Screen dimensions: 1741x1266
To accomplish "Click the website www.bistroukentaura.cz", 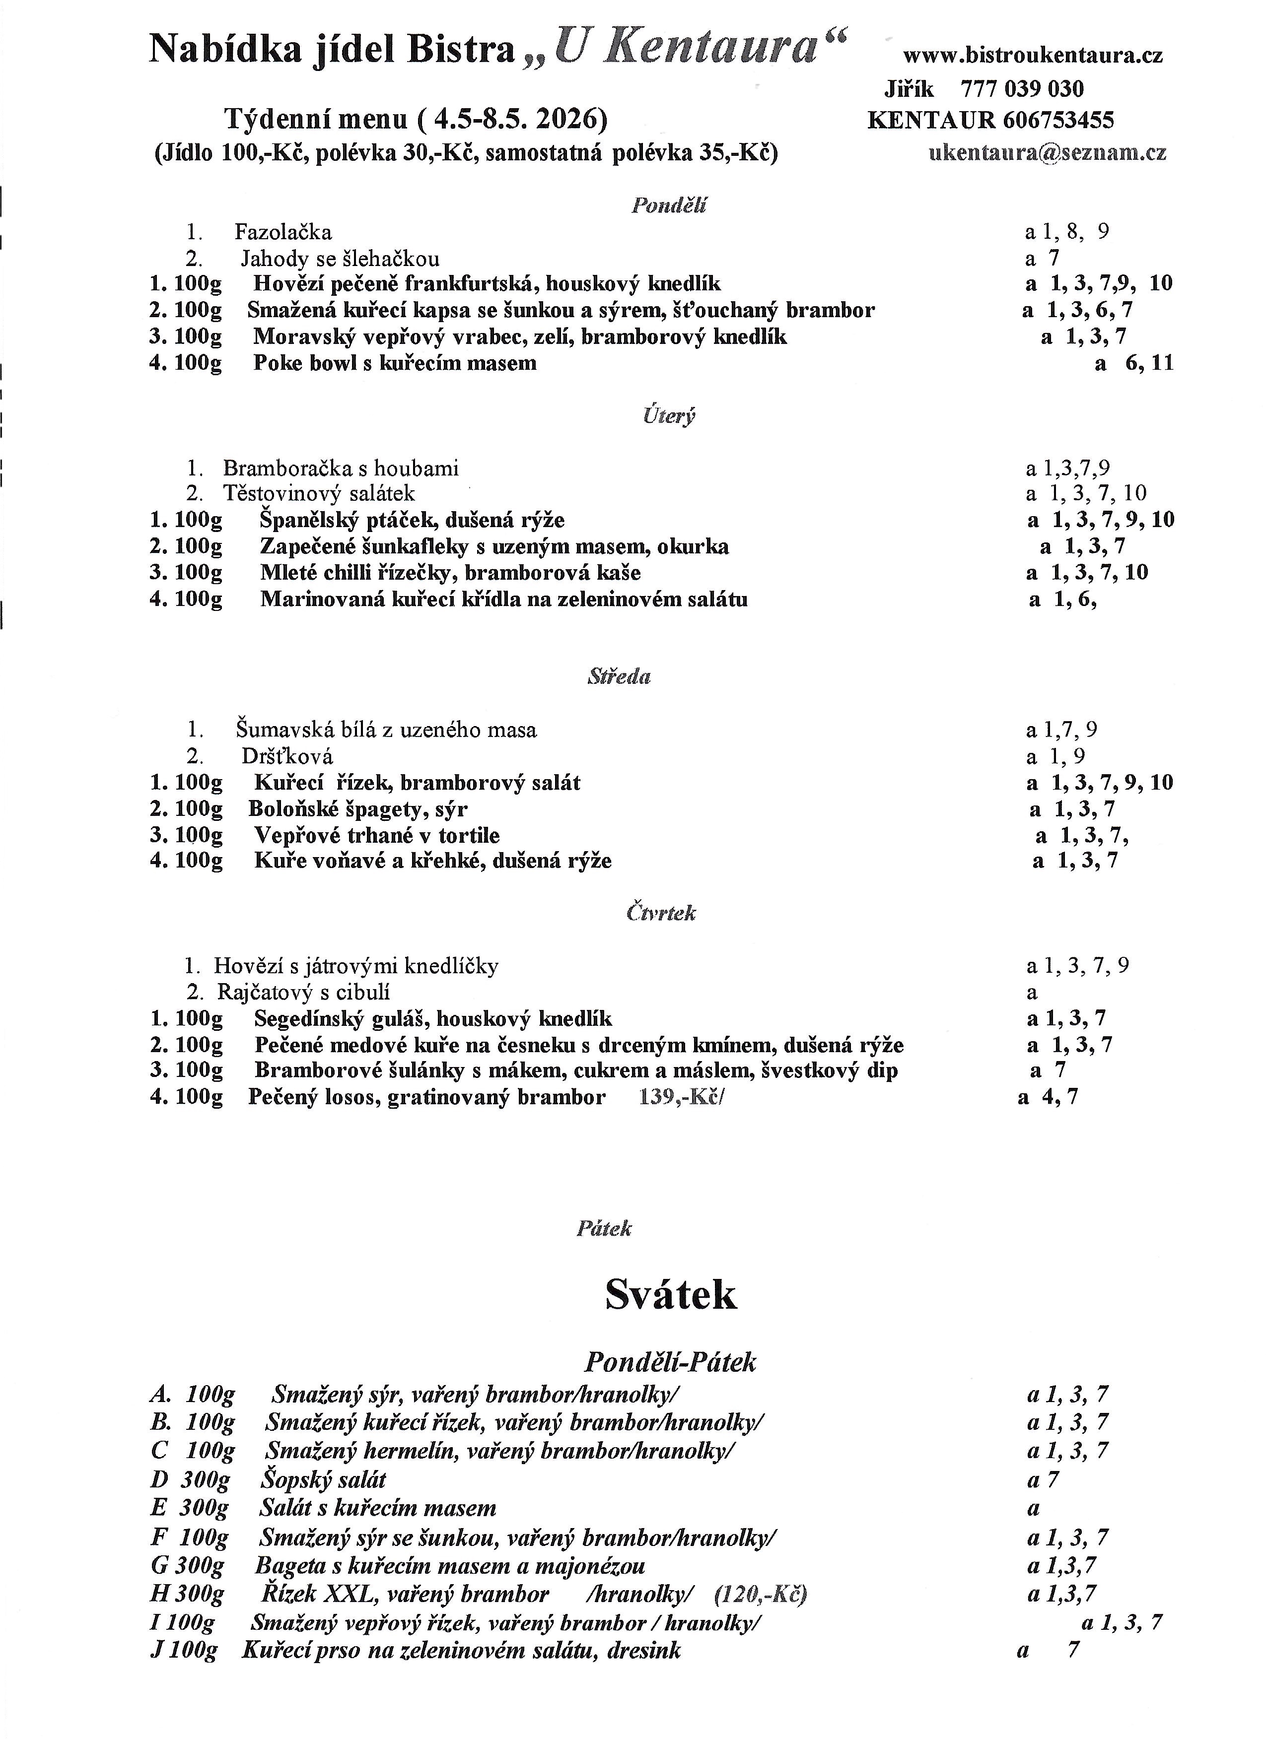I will pos(1033,55).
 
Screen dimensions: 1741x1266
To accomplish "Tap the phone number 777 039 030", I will pos(1022,89).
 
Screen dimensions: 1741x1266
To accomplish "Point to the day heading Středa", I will pos(619,676).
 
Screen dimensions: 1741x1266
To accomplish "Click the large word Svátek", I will pos(670,1294).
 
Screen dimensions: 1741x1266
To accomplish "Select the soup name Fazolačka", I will pos(283,232).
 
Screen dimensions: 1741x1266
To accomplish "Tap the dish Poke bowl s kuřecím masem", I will pos(395,363).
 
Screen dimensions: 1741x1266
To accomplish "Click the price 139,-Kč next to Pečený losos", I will pos(680,1097).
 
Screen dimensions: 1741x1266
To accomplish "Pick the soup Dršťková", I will pos(287,756).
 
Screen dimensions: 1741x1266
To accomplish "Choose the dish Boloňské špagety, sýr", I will pos(358,809).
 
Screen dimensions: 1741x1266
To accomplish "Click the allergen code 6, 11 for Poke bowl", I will pos(1149,363).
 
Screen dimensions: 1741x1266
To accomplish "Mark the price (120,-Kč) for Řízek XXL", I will pos(761,1595).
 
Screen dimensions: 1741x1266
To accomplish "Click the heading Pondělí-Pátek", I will pos(670,1362).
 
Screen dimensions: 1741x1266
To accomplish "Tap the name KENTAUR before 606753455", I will pos(930,121).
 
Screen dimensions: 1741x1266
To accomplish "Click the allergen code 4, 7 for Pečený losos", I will pos(1059,1097).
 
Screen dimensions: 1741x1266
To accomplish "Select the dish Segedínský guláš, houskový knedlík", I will pos(433,1019).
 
